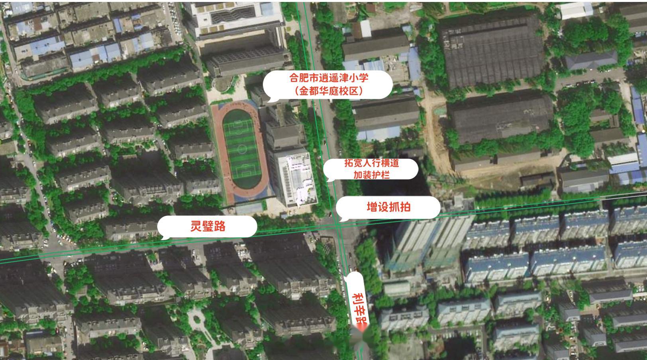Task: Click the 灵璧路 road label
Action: (208, 226)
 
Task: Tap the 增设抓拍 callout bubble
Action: (388, 207)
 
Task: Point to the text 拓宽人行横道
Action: (371, 163)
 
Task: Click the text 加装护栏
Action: (371, 174)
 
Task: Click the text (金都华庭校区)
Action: (329, 91)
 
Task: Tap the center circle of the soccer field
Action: (241, 149)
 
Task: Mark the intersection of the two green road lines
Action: (338, 226)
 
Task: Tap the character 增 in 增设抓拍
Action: (372, 207)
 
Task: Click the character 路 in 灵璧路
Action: (220, 226)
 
